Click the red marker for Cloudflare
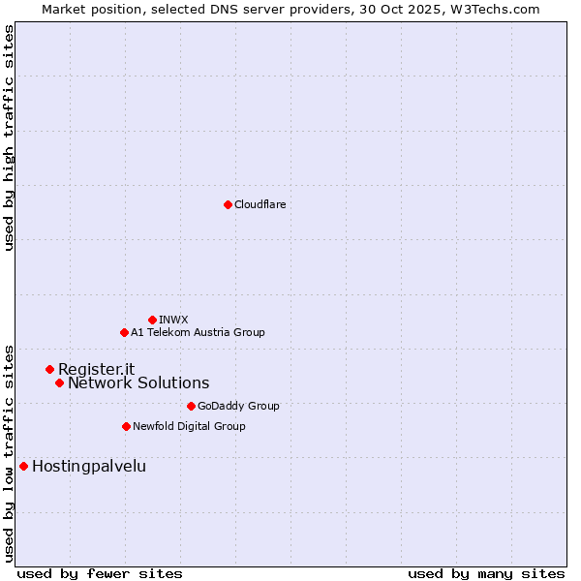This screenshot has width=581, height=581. tap(228, 204)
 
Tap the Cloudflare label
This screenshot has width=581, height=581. tap(260, 204)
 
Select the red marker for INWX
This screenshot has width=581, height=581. tap(152, 320)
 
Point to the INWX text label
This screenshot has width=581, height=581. tap(173, 320)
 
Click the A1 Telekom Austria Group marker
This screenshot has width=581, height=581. tap(124, 332)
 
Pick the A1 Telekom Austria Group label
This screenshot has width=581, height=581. tap(198, 332)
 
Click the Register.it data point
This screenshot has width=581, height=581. tap(49, 369)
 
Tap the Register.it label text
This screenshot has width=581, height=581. tap(96, 369)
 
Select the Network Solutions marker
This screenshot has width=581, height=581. tap(59, 382)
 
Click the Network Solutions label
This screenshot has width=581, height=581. tap(138, 382)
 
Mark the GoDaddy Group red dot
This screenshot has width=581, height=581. tap(191, 406)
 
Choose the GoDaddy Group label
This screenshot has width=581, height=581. tap(238, 406)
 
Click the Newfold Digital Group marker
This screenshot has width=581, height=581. tap(126, 426)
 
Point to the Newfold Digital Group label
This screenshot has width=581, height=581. tap(189, 426)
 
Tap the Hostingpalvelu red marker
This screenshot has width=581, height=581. tap(23, 466)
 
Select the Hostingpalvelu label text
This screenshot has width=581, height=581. tap(89, 466)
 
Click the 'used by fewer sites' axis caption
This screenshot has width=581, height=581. tap(100, 573)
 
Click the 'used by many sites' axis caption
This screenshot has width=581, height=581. tap(486, 573)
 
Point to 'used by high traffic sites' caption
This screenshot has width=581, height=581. tap(9, 138)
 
